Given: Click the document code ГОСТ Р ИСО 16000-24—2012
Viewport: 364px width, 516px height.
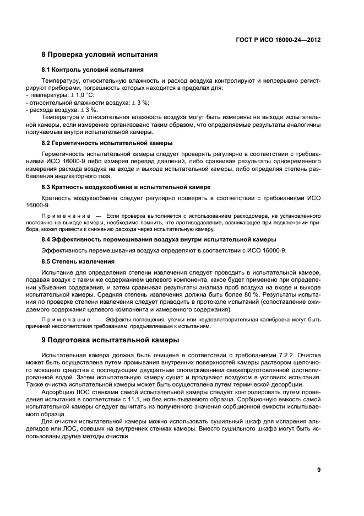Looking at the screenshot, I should [279, 40].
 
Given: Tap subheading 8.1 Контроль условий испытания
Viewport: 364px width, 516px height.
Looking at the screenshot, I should [93, 70].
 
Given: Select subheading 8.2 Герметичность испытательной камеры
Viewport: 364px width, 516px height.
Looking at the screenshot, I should [107, 143].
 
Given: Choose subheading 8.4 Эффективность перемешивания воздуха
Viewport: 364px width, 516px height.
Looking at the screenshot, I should [159, 239].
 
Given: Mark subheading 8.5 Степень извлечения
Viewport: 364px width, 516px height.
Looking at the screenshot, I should [78, 261].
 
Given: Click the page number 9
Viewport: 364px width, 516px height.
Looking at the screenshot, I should [319, 470].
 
